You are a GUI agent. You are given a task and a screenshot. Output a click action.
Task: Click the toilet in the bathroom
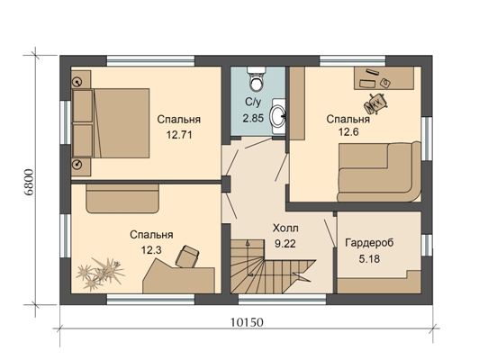(256, 78)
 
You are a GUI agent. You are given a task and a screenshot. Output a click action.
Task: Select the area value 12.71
(179, 135)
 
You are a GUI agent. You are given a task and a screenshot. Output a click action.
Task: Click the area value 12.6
(348, 131)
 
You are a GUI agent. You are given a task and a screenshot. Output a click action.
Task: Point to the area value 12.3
(151, 250)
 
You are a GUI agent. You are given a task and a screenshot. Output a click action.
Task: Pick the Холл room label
(285, 229)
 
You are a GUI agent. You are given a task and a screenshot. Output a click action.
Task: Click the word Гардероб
(369, 243)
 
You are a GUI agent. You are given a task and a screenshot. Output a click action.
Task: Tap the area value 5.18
(369, 259)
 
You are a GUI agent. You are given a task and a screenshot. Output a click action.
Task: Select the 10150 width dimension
(247, 322)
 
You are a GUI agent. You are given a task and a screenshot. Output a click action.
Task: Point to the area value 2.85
(253, 118)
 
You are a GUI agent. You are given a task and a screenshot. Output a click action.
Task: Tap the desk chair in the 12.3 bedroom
(187, 256)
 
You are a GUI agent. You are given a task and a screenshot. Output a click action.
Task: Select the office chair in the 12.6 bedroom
(376, 103)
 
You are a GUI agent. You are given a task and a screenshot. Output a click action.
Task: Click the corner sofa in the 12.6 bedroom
(379, 171)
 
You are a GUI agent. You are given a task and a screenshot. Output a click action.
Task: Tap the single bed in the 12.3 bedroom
(122, 199)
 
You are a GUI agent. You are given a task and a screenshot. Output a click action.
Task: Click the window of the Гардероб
(427, 245)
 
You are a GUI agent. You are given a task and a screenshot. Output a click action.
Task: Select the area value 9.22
(285, 244)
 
